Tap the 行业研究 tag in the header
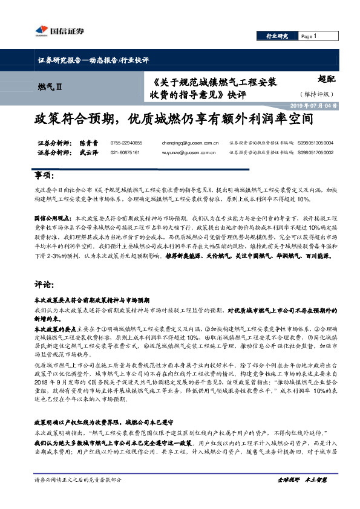coord(277,36)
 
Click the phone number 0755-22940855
coord(126,143)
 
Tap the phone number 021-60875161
coord(125,153)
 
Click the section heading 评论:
coord(42,284)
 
